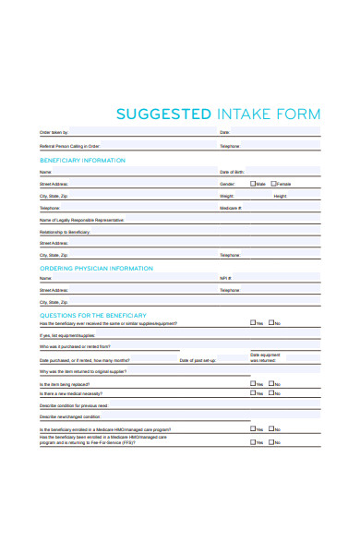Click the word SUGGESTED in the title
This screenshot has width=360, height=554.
tap(163, 114)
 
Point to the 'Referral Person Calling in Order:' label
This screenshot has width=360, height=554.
tap(69, 146)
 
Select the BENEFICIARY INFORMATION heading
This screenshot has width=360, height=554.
tap(82, 161)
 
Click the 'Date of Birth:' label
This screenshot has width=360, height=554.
tap(232, 173)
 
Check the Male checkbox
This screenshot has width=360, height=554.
tap(252, 184)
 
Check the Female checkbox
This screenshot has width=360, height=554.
tap(273, 184)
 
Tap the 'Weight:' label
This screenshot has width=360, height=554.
tap(226, 197)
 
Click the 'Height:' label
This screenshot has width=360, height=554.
tap(281, 197)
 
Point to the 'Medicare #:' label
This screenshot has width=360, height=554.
tap(231, 209)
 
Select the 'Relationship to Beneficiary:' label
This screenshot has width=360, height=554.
tap(65, 232)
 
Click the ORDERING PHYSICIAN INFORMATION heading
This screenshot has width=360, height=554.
tap(96, 268)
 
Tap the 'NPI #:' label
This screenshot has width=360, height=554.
tap(225, 278)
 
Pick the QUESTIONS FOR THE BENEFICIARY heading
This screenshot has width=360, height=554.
tap(92, 315)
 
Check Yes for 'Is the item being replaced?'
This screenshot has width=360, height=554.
tap(254, 383)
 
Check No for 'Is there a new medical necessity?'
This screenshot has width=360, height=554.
tap(273, 392)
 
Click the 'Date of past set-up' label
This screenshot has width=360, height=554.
tap(198, 360)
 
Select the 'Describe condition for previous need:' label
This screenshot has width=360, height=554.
tap(74, 405)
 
